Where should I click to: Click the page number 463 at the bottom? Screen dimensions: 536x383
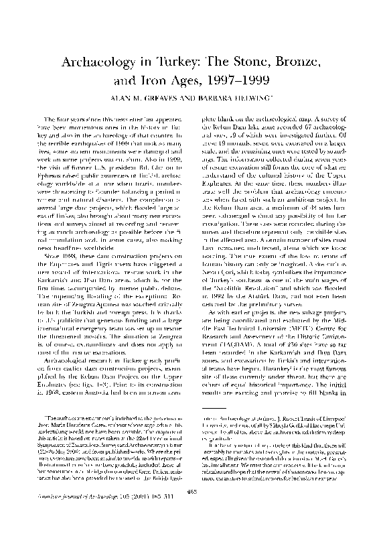tap(191, 511)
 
